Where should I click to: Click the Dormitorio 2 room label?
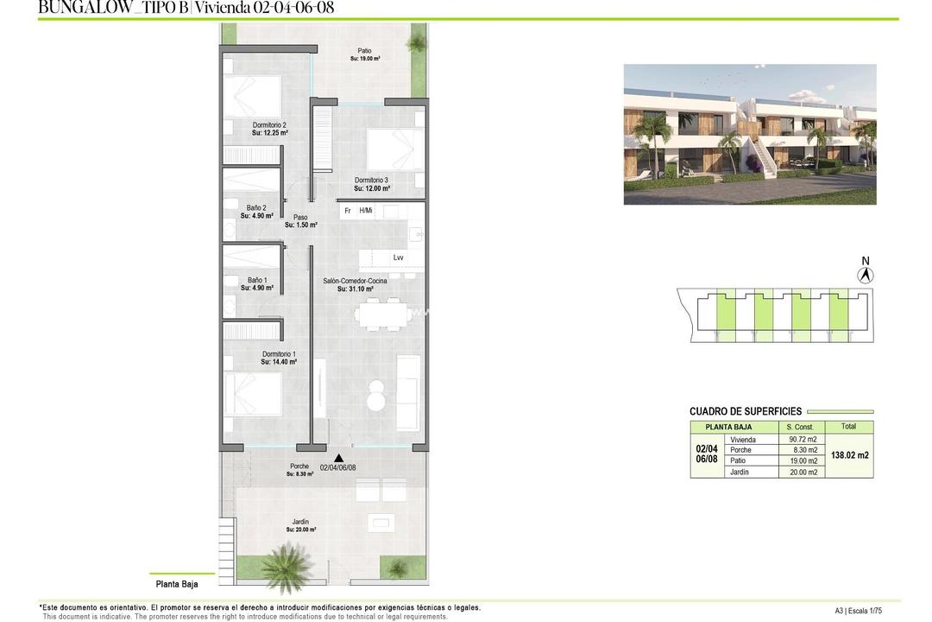269,125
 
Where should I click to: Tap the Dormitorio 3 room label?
371,180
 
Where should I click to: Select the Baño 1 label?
257,280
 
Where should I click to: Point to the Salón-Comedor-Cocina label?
355,281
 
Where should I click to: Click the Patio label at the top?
365,51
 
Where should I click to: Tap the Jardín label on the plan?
300,522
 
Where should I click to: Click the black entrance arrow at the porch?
338,459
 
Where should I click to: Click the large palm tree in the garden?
286,567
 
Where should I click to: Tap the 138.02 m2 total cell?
849,455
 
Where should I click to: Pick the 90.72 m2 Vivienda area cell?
802,440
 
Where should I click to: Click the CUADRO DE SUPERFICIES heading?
746,411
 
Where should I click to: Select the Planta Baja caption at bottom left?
177,584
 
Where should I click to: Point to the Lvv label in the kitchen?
398,257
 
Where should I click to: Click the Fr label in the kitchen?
348,211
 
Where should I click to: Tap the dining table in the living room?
381,315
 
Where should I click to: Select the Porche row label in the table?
740,450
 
